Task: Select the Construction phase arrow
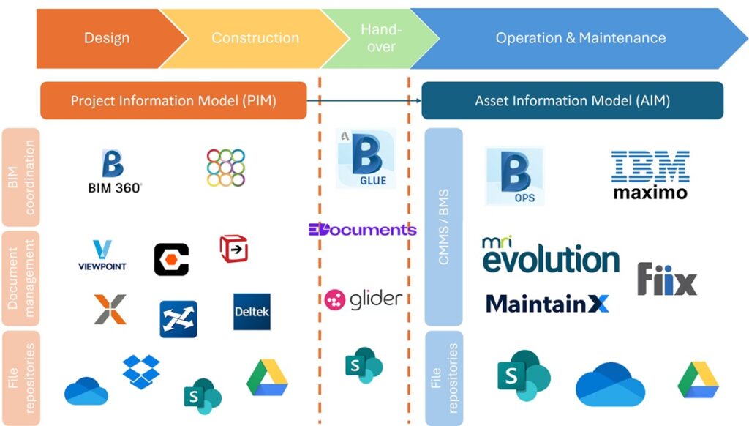255,38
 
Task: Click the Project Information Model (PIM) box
173,100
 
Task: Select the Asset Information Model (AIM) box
572,100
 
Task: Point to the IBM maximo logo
650,175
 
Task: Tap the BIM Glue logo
367,160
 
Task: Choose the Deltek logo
252,312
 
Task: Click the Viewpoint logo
102,255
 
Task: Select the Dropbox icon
141,370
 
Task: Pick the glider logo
364,299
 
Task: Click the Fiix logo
666,280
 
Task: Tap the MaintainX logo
547,303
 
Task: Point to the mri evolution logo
550,255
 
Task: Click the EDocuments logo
362,230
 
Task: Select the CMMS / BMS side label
443,227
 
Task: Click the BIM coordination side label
20,176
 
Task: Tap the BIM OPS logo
516,176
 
